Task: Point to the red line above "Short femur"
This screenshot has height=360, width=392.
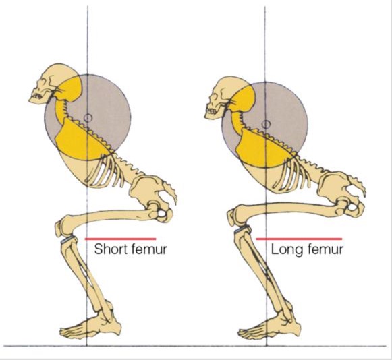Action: (121, 239)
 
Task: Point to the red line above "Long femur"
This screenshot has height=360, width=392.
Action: (299, 239)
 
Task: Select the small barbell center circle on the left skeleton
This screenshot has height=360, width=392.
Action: (88, 118)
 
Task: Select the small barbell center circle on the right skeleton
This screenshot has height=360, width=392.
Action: (266, 124)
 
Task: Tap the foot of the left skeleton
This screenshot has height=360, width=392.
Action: (90, 325)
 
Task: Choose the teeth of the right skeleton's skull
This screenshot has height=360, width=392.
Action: (211, 111)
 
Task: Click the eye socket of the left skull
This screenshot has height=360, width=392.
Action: (45, 82)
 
